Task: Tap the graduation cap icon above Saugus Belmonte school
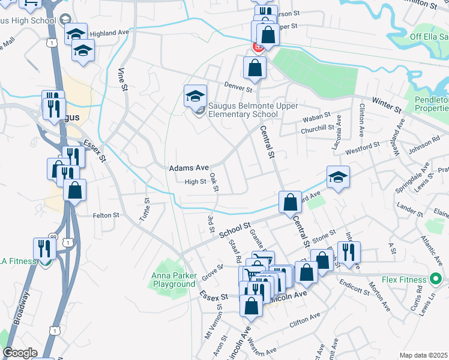tap(195, 96)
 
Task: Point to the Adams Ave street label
tap(188, 169)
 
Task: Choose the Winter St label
tap(386, 105)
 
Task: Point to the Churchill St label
tap(318, 127)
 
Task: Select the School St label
tap(234, 230)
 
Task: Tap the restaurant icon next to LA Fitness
tap(43, 249)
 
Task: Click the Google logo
tap(20, 353)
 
